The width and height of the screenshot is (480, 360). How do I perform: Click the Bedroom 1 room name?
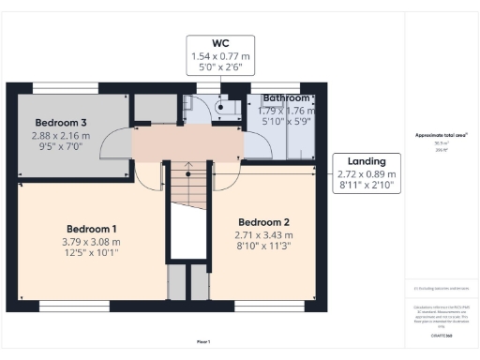(x=92, y=229)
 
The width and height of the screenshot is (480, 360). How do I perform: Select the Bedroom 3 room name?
(x=62, y=123)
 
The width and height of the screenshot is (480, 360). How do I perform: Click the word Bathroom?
(x=286, y=97)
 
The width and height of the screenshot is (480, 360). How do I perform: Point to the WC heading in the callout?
(x=221, y=42)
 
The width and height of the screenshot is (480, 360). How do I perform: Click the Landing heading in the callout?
(x=367, y=161)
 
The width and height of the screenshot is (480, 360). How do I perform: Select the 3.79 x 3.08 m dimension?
(x=92, y=241)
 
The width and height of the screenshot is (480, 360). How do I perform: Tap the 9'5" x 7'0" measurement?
(x=61, y=147)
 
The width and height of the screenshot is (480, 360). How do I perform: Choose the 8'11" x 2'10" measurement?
(x=367, y=187)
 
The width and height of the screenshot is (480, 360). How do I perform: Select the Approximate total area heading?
(x=441, y=135)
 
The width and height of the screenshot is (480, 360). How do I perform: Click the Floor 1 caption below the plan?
(x=202, y=340)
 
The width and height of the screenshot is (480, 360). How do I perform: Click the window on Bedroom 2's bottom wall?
(x=260, y=307)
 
